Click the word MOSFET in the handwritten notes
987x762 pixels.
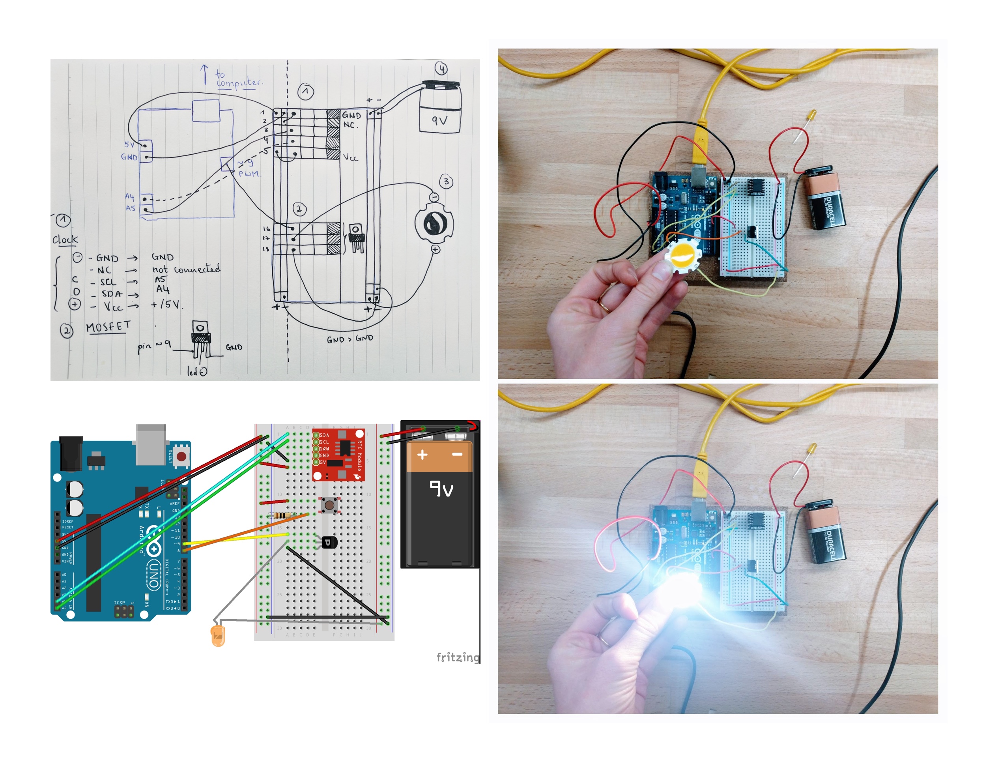pos(108,326)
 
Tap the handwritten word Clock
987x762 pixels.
pos(65,240)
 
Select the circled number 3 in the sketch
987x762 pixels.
pos(447,182)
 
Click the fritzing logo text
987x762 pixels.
pos(457,657)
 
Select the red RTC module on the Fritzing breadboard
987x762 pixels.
pos(339,455)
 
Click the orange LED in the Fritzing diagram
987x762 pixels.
pos(218,635)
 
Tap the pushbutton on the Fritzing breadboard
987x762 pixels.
pos(329,505)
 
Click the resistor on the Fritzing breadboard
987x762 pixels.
pos(282,516)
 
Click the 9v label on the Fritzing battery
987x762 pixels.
pos(441,489)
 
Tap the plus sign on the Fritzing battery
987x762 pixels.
pos(422,455)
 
